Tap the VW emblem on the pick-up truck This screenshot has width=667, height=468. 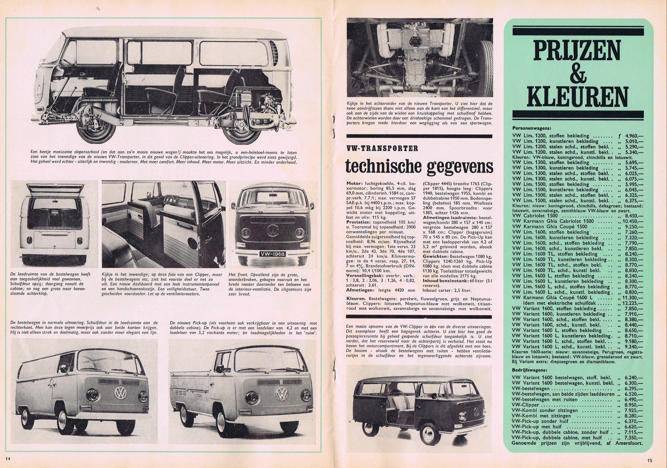[281, 395]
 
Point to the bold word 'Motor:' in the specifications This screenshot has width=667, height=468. [354, 184]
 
